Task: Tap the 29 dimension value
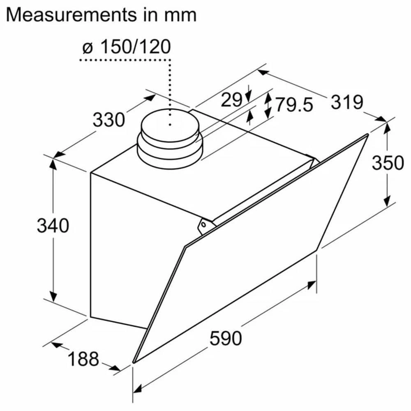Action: click(x=231, y=99)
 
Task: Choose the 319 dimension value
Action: click(x=347, y=102)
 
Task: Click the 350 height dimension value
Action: click(x=388, y=163)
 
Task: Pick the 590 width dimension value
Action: click(x=226, y=338)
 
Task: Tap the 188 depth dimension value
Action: click(x=83, y=359)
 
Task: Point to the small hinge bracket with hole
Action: click(x=204, y=226)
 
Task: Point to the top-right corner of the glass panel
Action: click(x=367, y=135)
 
